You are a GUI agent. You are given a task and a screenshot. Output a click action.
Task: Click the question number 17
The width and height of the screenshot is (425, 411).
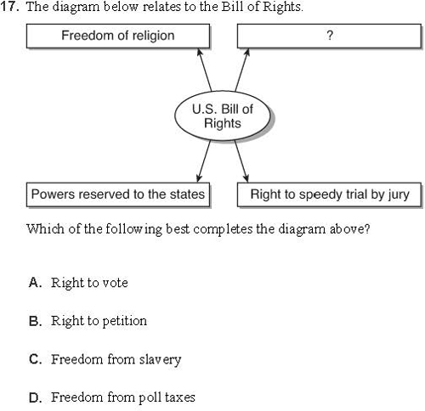tap(9, 7)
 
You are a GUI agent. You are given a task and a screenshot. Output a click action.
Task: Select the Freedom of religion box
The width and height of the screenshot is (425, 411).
tap(118, 36)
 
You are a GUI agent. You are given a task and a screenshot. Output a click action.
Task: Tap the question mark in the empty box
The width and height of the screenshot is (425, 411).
tap(330, 36)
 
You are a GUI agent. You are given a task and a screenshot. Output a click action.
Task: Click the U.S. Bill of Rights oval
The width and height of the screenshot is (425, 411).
tap(223, 115)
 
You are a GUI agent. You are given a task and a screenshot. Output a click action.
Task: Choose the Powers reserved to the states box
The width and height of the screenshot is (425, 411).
tap(118, 194)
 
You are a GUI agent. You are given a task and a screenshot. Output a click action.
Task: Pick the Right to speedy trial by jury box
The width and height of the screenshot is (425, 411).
tap(329, 194)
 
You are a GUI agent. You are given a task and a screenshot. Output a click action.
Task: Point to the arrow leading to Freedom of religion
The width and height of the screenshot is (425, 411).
tap(204, 70)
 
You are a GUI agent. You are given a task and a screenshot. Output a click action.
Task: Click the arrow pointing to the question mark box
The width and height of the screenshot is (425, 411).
tap(242, 70)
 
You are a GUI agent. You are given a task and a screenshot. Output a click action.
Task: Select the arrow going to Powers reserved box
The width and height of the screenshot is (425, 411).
tap(204, 161)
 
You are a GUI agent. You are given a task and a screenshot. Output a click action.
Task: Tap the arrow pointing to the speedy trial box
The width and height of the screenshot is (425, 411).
tap(241, 161)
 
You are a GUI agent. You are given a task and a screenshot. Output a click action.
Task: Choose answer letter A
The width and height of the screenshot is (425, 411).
tap(35, 283)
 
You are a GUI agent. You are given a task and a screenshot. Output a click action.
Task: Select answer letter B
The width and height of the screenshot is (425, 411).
tap(35, 321)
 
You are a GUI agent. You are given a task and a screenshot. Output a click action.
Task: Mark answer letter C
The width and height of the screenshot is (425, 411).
tap(35, 359)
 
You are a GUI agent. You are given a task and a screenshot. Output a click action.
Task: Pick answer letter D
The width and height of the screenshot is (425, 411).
tap(35, 397)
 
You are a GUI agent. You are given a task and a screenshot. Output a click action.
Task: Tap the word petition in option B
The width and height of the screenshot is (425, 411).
tap(124, 322)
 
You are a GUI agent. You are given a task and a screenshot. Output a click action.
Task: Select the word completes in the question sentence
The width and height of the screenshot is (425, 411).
tap(223, 229)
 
